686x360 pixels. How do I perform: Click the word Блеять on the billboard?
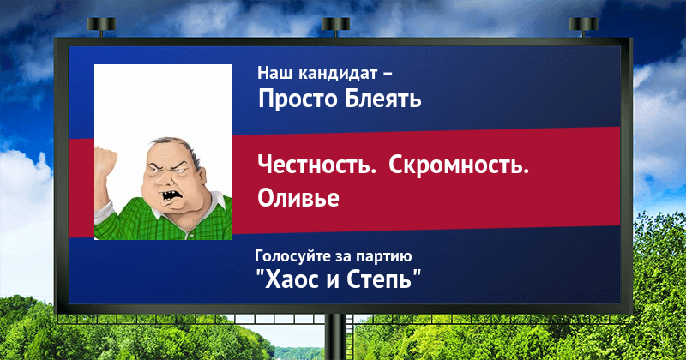click(382, 99)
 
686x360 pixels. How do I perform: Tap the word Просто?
click(298, 99)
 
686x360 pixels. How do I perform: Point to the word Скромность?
click(459, 165)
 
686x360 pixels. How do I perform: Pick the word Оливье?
click(298, 197)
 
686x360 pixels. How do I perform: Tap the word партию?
click(383, 257)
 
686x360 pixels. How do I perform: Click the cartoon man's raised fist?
click(105, 160)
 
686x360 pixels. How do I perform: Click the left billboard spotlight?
click(101, 26)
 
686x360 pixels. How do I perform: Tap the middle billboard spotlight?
click(335, 26)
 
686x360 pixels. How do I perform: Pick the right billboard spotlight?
click(584, 26)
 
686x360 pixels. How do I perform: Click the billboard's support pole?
click(335, 337)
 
